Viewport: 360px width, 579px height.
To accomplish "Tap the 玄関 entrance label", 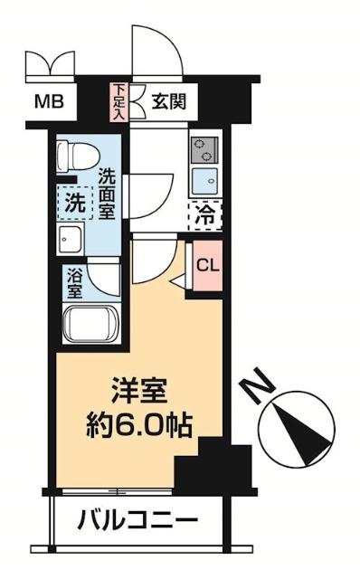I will pos(168,100).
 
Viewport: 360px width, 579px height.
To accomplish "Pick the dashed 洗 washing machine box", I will pos(73,204).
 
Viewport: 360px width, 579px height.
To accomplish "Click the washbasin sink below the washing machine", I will pos(71,241).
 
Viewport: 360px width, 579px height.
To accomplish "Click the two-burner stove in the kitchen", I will pos(203,147).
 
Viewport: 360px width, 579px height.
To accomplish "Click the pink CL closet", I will pos(207,267).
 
